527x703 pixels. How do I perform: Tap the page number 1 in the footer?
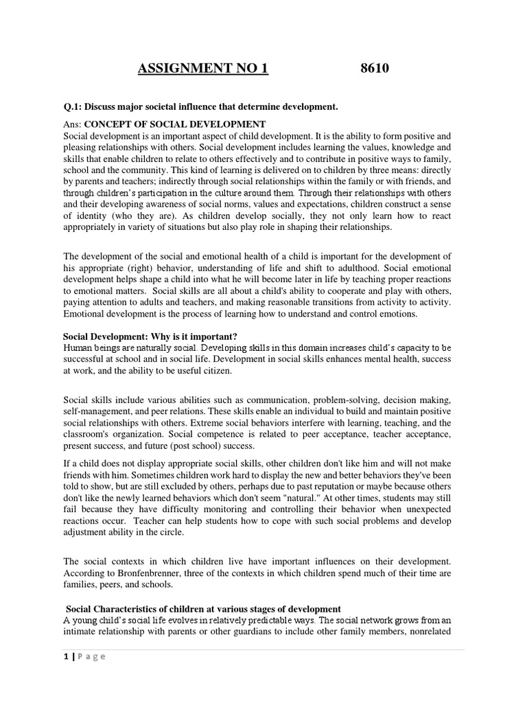[65, 657]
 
